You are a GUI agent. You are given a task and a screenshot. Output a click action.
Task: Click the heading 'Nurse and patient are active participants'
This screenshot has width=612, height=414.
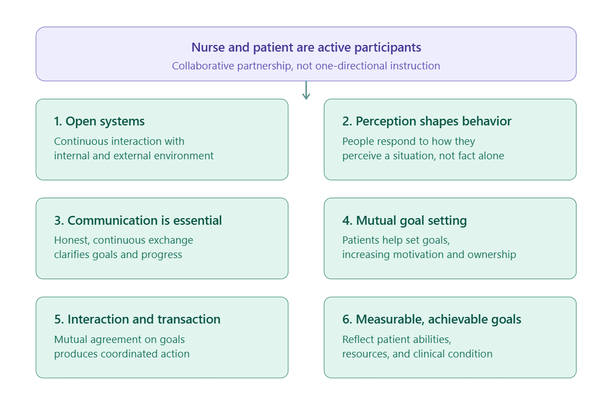306,48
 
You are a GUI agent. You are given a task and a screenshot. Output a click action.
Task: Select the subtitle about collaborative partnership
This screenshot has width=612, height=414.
306,66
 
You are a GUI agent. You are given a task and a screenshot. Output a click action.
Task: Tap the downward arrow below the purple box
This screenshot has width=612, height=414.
307,90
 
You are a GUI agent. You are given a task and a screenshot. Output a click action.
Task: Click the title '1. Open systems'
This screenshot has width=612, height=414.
99,122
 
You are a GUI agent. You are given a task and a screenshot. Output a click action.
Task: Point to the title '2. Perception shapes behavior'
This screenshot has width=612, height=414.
427,122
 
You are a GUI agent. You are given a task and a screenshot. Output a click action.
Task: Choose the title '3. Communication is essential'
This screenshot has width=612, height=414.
138,220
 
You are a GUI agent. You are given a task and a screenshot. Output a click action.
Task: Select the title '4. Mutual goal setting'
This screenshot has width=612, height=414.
404,221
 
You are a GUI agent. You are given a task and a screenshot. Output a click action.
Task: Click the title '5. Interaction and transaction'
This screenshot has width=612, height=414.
137,319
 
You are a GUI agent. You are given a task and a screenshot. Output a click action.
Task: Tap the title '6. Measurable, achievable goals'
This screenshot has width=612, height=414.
432,320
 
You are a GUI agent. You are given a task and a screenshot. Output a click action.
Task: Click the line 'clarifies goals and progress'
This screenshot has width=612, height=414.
118,255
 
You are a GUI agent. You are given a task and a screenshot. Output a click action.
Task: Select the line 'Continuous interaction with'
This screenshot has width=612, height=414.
119,142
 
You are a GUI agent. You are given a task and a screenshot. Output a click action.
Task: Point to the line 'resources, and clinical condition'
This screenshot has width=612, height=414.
417,354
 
